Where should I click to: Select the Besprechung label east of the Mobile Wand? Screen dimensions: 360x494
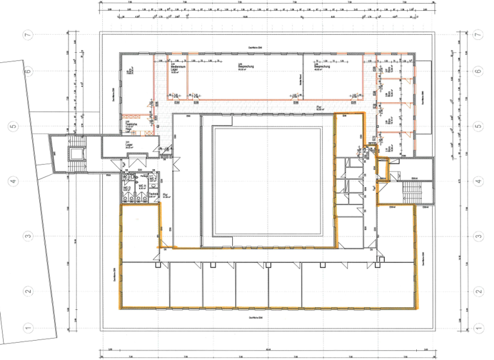pyautogui.click(x=322, y=67)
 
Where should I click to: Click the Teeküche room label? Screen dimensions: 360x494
pyautogui.click(x=130, y=127)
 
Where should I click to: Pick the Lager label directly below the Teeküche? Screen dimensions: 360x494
pyautogui.click(x=129, y=144)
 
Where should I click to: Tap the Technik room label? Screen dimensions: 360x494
pyautogui.click(x=154, y=194)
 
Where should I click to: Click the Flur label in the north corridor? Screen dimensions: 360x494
pyautogui.click(x=319, y=107)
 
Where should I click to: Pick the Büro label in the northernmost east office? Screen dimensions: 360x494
pyautogui.click(x=390, y=67)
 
